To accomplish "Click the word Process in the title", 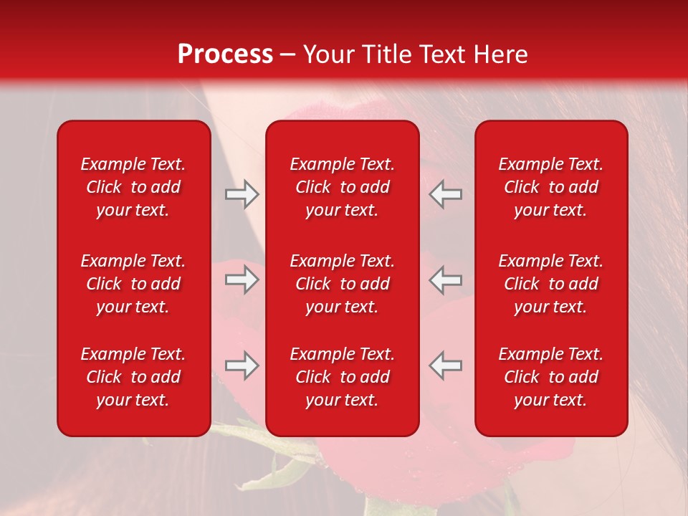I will (225, 54).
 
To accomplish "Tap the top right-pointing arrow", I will (242, 194).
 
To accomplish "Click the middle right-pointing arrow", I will (242, 279).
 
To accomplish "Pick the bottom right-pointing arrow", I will (242, 365).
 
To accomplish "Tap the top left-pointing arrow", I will (446, 194).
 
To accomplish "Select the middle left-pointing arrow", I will (446, 279).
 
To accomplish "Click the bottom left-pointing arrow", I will (446, 365).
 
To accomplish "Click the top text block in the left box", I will (133, 187).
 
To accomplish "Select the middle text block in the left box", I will (133, 284).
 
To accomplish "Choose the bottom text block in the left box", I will (133, 377).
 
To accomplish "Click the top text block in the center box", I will (342, 187).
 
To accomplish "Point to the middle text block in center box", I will (342, 284).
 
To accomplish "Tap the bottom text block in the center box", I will (342, 377).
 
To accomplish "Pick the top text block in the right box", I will (550, 187).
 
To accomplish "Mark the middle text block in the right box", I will (550, 284).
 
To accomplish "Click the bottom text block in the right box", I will (550, 377).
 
